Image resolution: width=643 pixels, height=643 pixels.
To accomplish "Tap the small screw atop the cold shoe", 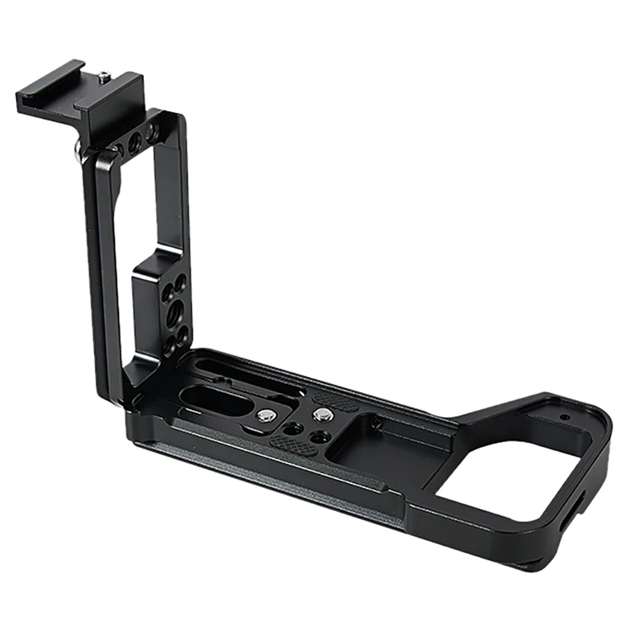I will (x=106, y=77).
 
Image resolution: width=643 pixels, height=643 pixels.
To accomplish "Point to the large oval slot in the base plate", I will (x=215, y=399).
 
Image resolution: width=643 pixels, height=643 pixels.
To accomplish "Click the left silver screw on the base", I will (x=266, y=416).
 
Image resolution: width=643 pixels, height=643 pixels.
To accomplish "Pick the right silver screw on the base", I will (x=323, y=415).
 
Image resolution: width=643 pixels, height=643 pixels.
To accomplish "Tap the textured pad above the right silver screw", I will (x=335, y=399).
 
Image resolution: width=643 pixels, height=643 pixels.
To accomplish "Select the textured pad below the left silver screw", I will (x=289, y=441).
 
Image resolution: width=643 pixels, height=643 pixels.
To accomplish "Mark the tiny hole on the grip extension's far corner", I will (x=566, y=417).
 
